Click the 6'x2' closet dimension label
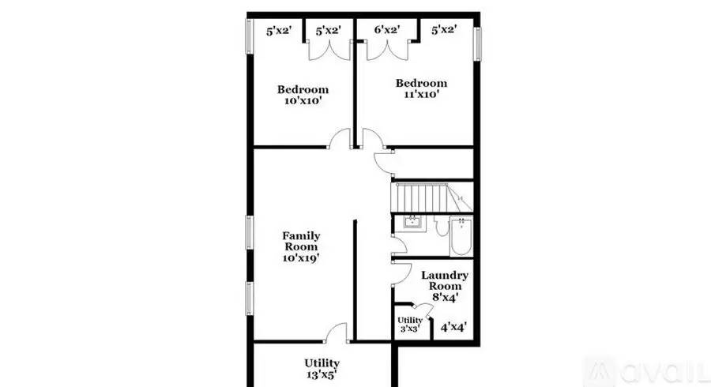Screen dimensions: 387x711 [x=386, y=30]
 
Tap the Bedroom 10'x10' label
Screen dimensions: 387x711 [x=302, y=95]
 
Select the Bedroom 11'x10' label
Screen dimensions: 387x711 [x=421, y=88]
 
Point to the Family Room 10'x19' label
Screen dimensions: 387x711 [x=301, y=246]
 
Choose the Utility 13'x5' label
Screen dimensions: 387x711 [x=322, y=369]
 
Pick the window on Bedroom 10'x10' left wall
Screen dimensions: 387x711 [x=250, y=36]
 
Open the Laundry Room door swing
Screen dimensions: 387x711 [x=401, y=272]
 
